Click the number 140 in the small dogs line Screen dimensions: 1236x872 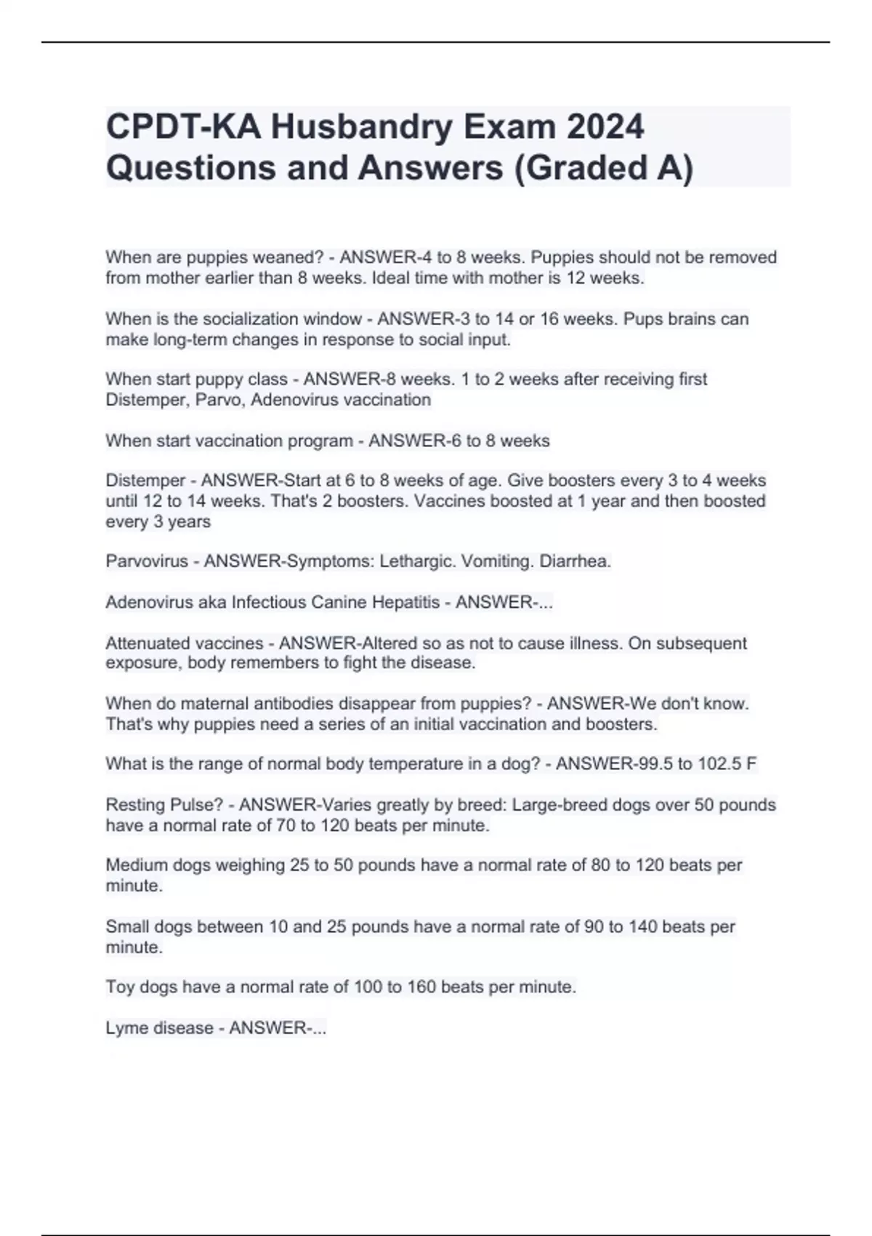[x=643, y=927]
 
